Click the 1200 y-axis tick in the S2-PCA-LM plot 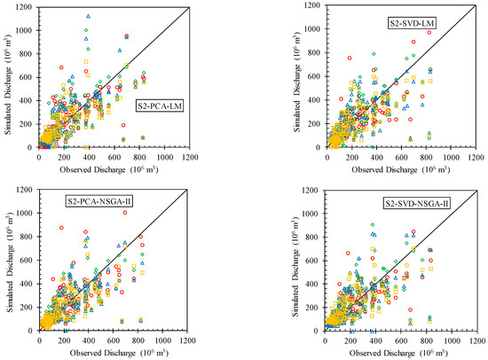[26, 7]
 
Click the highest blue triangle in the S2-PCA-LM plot [88, 17]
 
